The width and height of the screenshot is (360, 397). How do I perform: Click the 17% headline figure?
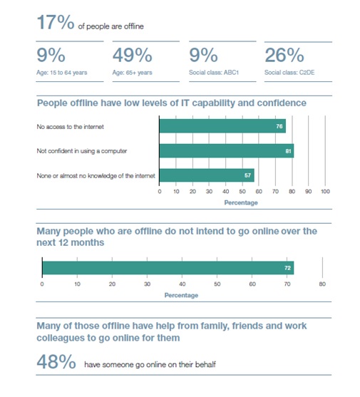(56, 22)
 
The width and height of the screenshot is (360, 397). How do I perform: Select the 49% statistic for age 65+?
(132, 55)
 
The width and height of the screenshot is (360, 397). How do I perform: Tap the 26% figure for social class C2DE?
(284, 55)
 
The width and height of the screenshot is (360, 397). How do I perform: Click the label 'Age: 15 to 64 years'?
(62, 73)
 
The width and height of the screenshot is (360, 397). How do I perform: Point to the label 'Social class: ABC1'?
(214, 73)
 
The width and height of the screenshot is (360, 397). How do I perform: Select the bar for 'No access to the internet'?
(222, 126)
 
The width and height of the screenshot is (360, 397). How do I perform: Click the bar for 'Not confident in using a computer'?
(227, 151)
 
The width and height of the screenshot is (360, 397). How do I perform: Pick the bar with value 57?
(207, 175)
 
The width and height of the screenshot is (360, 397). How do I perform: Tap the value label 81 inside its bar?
(288, 151)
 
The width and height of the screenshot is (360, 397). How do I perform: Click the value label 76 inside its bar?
(279, 126)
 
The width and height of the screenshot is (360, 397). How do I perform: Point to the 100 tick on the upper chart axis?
(325, 192)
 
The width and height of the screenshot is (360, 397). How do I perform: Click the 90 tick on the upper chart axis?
(309, 192)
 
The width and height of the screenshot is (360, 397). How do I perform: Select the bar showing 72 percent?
(168, 268)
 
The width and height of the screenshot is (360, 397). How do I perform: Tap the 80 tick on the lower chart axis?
(322, 284)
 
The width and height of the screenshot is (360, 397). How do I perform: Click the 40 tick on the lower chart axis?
(182, 284)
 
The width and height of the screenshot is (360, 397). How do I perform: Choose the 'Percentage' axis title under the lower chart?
(181, 295)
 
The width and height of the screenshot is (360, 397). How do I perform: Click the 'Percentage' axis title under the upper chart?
(241, 202)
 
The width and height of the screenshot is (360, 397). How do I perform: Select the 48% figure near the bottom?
(56, 361)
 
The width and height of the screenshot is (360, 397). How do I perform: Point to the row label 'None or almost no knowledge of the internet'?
(96, 176)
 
